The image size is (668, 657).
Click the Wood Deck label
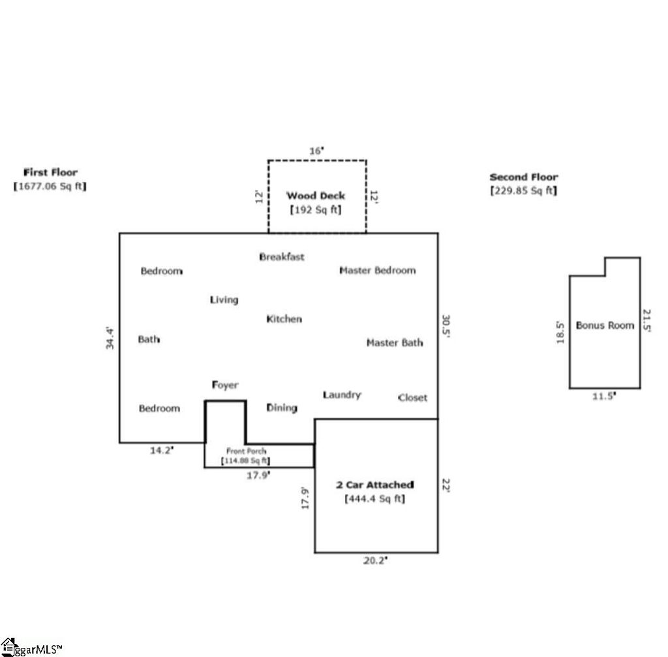(316, 195)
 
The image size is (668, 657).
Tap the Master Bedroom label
(377, 270)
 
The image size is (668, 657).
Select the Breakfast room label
(282, 256)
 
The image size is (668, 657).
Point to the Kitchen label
(284, 319)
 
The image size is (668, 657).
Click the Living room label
(224, 299)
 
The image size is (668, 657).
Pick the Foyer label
(225, 385)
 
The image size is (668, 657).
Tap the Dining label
(282, 408)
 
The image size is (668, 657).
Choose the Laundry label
(342, 395)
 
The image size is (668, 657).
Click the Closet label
(413, 397)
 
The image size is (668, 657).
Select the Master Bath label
(395, 343)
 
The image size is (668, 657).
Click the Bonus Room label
(605, 325)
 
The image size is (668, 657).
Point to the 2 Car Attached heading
(374, 485)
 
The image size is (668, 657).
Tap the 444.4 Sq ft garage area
(374, 499)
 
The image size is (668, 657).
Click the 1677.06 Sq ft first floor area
(50, 186)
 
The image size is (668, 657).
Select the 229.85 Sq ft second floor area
(523, 191)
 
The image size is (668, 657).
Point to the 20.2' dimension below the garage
(376, 560)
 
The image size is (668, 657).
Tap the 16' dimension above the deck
(316, 151)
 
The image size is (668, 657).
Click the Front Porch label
(246, 451)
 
